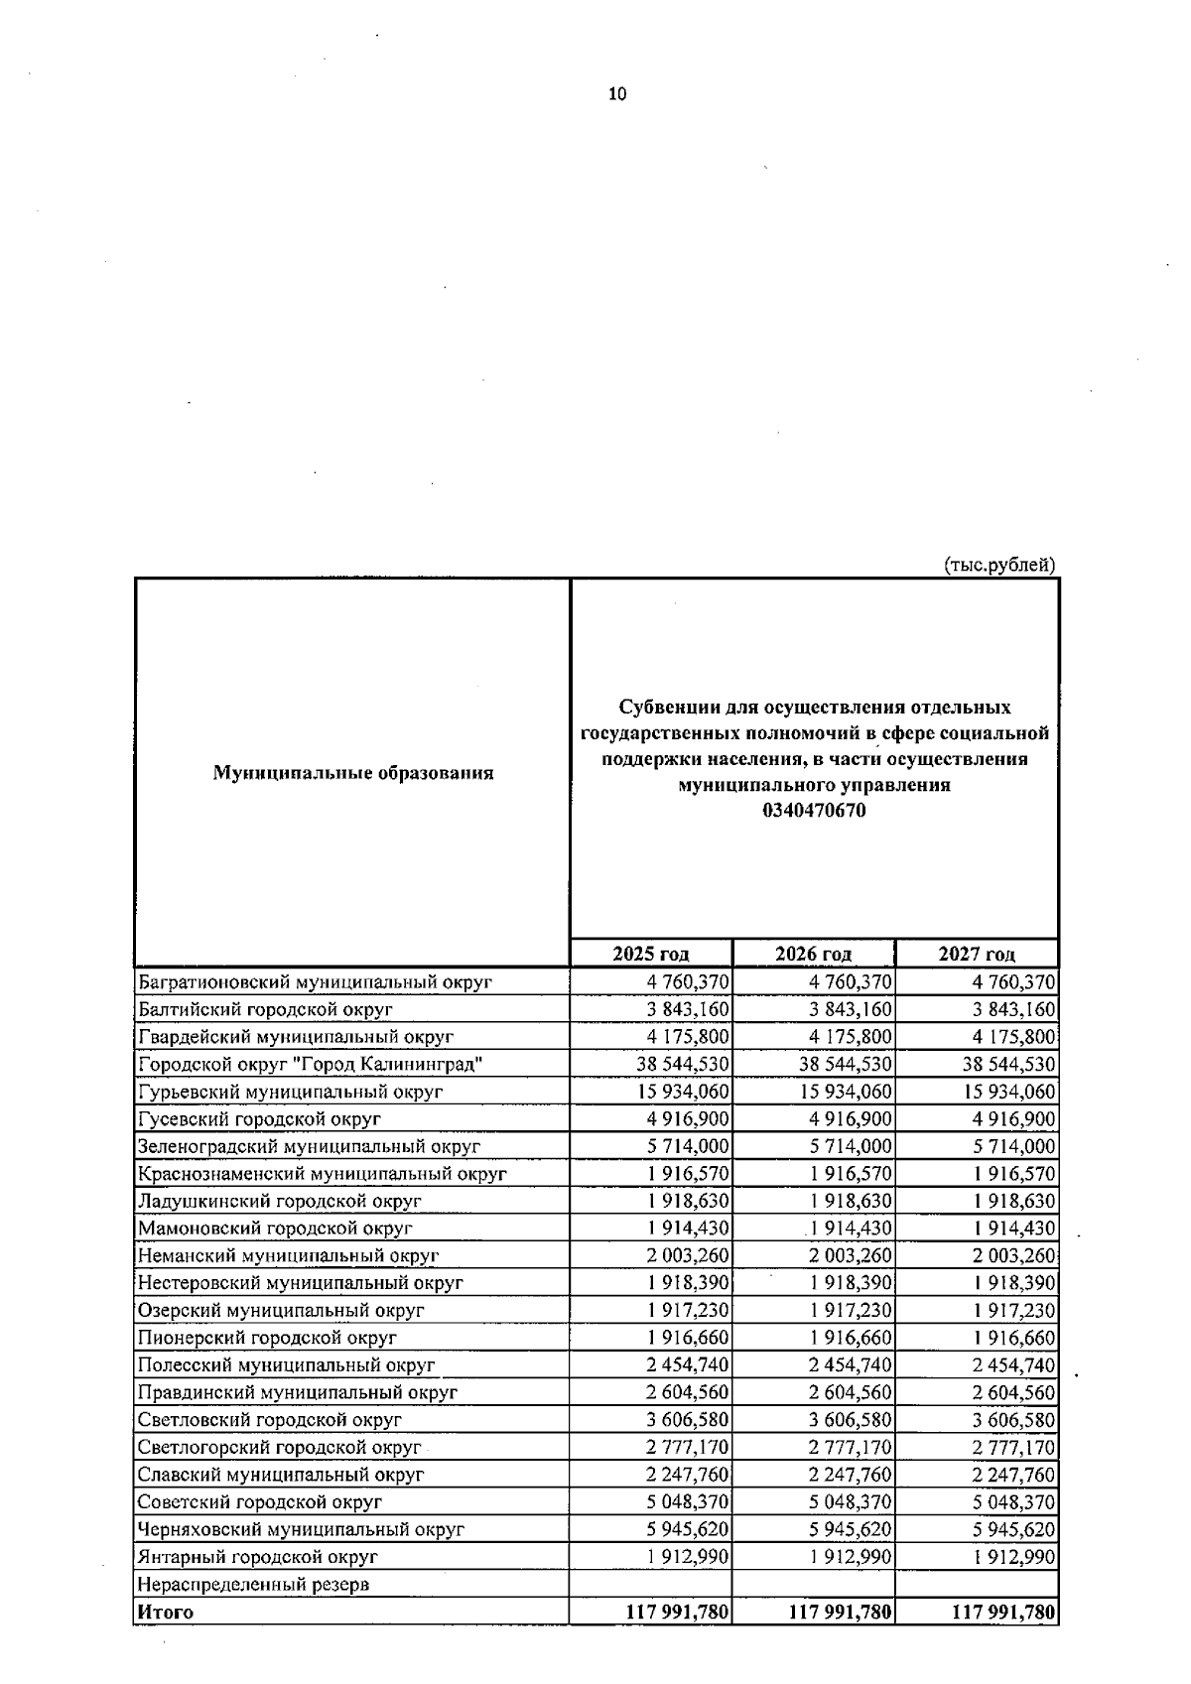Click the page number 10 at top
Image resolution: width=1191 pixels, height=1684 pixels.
(x=616, y=94)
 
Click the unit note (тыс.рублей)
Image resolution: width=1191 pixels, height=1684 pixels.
(x=998, y=565)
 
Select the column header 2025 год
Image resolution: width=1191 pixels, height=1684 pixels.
(x=650, y=954)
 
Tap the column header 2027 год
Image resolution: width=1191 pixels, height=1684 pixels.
(x=977, y=954)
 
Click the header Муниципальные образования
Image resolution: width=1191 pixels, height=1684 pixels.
(x=352, y=772)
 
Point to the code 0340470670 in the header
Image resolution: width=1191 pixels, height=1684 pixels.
(x=814, y=811)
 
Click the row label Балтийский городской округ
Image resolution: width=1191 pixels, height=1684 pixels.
(x=265, y=1009)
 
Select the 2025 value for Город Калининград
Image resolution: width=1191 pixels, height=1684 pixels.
(x=683, y=1064)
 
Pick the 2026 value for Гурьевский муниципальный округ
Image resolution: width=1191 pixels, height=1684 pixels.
(x=846, y=1092)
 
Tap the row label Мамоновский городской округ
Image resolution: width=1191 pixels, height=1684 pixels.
(x=275, y=1229)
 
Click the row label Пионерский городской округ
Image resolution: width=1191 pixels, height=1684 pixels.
(x=267, y=1338)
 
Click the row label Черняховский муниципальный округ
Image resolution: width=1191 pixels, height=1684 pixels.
(x=301, y=1529)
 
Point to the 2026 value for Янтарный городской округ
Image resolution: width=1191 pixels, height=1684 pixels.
(x=851, y=1557)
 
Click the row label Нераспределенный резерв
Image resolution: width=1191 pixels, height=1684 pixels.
(x=253, y=1584)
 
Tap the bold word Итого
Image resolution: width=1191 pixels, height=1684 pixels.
(x=166, y=1612)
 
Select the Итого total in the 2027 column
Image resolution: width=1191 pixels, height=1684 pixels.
(x=1003, y=1612)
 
